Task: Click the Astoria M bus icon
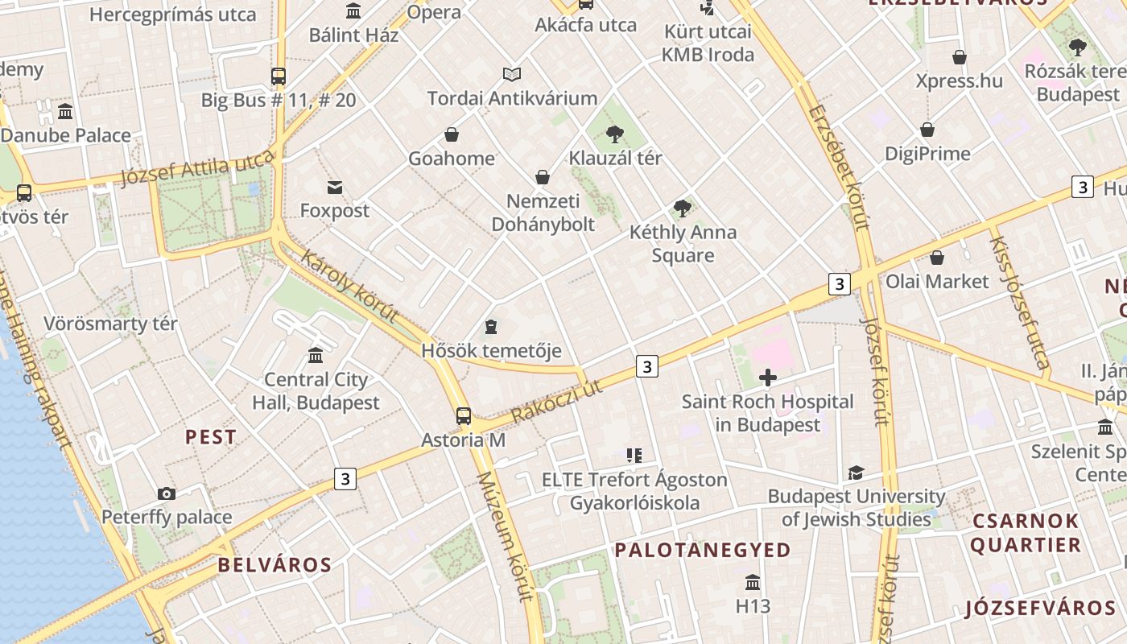click(x=463, y=415)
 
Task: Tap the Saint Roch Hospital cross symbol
click(x=768, y=377)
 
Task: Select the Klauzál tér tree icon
click(x=615, y=134)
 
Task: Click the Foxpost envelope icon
click(x=335, y=188)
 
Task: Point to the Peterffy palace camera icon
click(x=167, y=493)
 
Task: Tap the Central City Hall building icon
click(x=316, y=355)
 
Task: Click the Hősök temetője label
click(x=491, y=351)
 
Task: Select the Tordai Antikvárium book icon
click(x=512, y=75)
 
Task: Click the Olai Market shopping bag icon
click(x=937, y=258)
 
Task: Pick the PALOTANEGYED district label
click(x=703, y=550)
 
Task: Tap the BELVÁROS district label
click(x=275, y=564)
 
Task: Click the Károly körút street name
click(x=349, y=287)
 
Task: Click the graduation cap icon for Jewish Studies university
click(x=856, y=473)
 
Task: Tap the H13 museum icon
click(x=753, y=582)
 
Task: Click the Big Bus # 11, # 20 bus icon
click(x=279, y=76)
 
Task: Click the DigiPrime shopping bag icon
click(x=927, y=130)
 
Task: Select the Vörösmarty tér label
click(x=110, y=324)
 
